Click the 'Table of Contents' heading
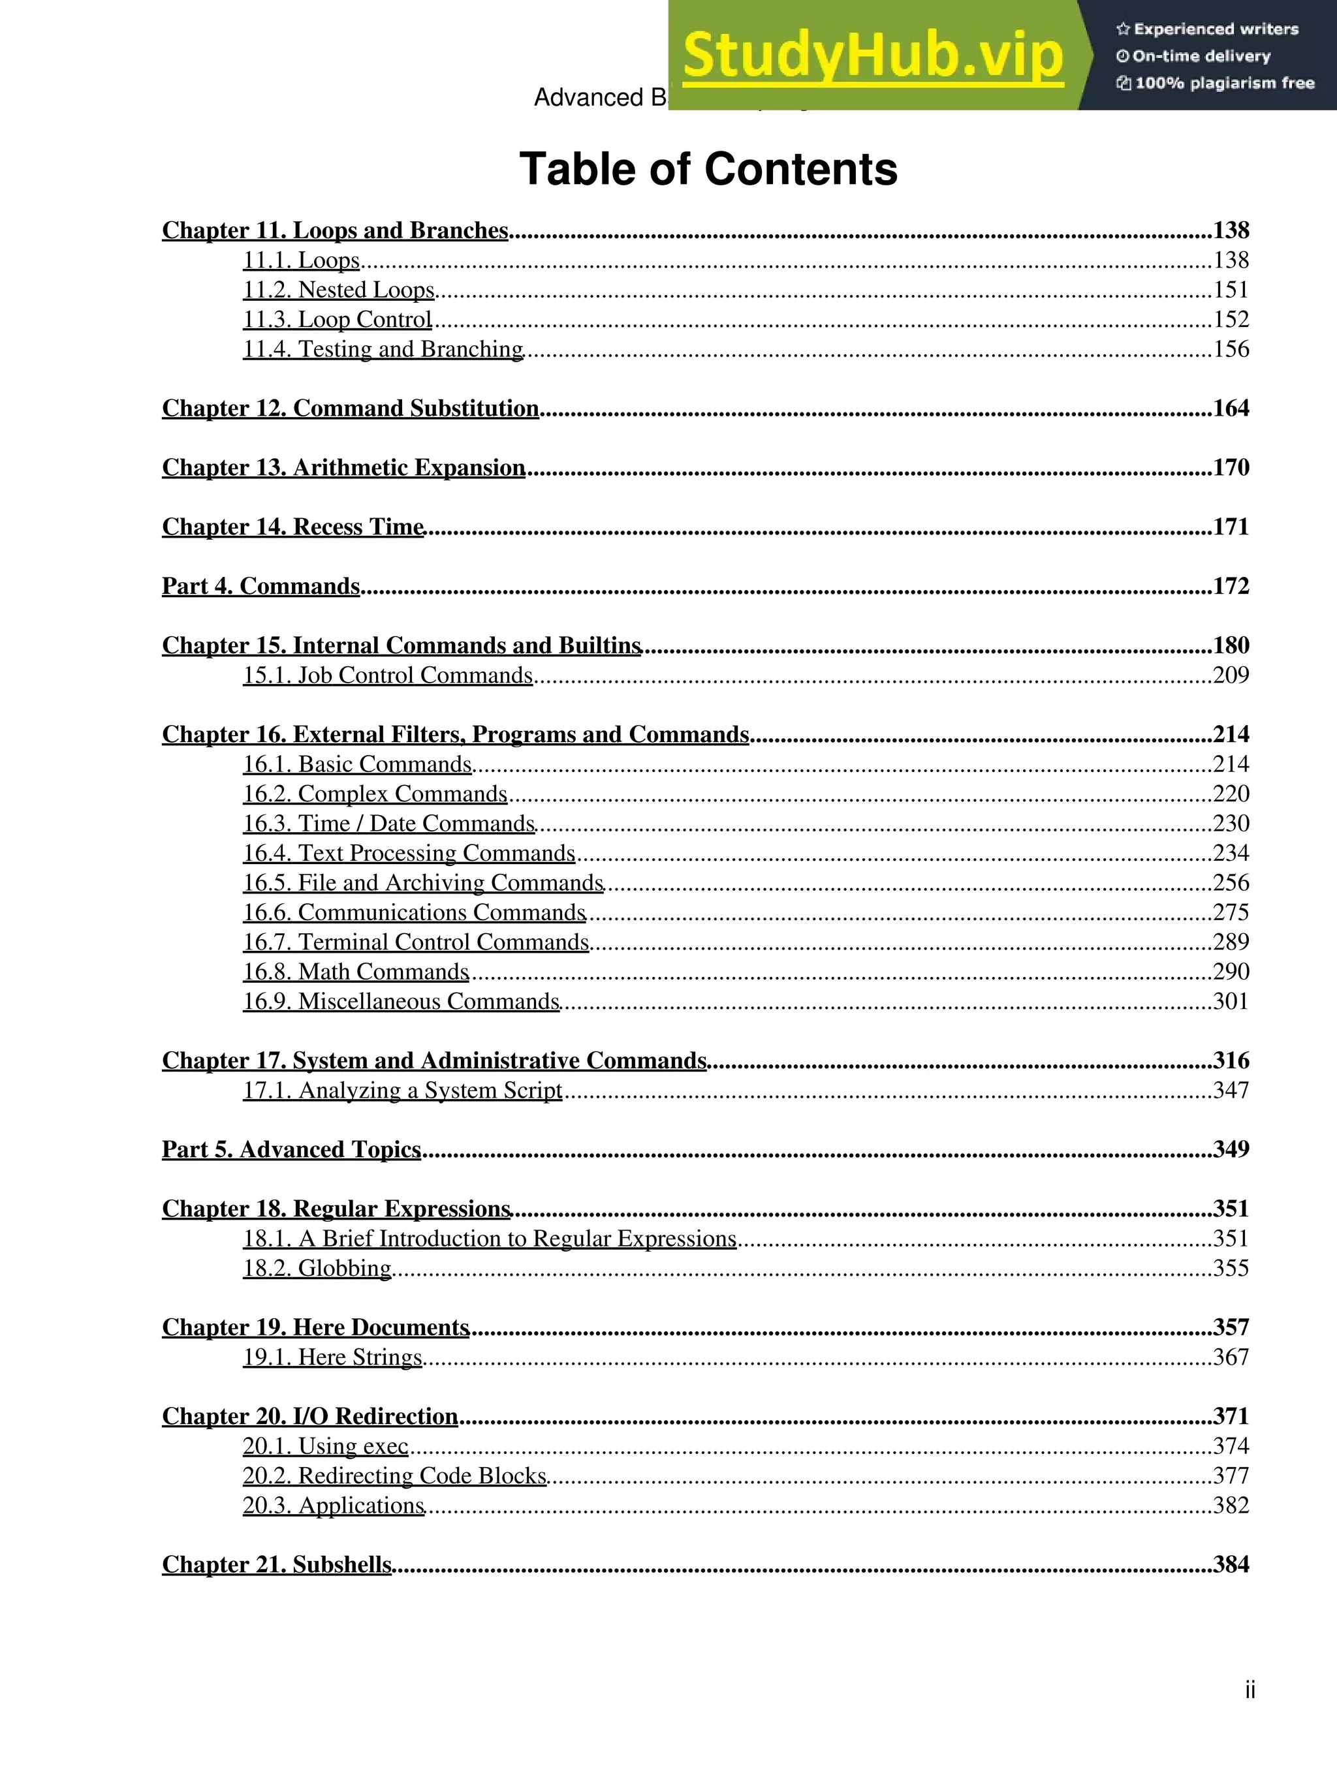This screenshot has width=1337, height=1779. tap(708, 170)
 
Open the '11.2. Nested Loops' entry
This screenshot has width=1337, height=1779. tap(339, 290)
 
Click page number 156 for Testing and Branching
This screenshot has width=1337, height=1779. tap(1231, 349)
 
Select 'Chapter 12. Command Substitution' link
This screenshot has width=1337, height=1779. tap(350, 409)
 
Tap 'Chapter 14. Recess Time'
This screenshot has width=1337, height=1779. tap(293, 527)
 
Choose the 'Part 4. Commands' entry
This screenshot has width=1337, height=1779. tap(260, 586)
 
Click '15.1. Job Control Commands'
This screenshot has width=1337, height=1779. tap(388, 675)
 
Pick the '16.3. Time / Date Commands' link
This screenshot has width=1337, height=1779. tap(388, 824)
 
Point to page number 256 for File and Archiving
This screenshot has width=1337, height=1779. tap(1231, 883)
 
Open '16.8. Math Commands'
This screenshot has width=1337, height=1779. tap(356, 972)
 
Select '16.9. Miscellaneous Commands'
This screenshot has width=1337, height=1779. tap(401, 1001)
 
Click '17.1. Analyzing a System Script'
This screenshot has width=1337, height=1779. tap(402, 1091)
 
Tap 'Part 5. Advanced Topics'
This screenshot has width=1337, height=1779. tap(291, 1149)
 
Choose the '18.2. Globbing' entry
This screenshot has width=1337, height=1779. tap(317, 1268)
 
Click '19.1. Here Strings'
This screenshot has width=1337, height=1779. tap(332, 1357)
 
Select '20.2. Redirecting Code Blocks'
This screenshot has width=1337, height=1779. tap(394, 1476)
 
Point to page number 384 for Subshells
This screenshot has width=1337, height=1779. tap(1231, 1564)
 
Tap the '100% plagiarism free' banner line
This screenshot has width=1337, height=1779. tap(1215, 83)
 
